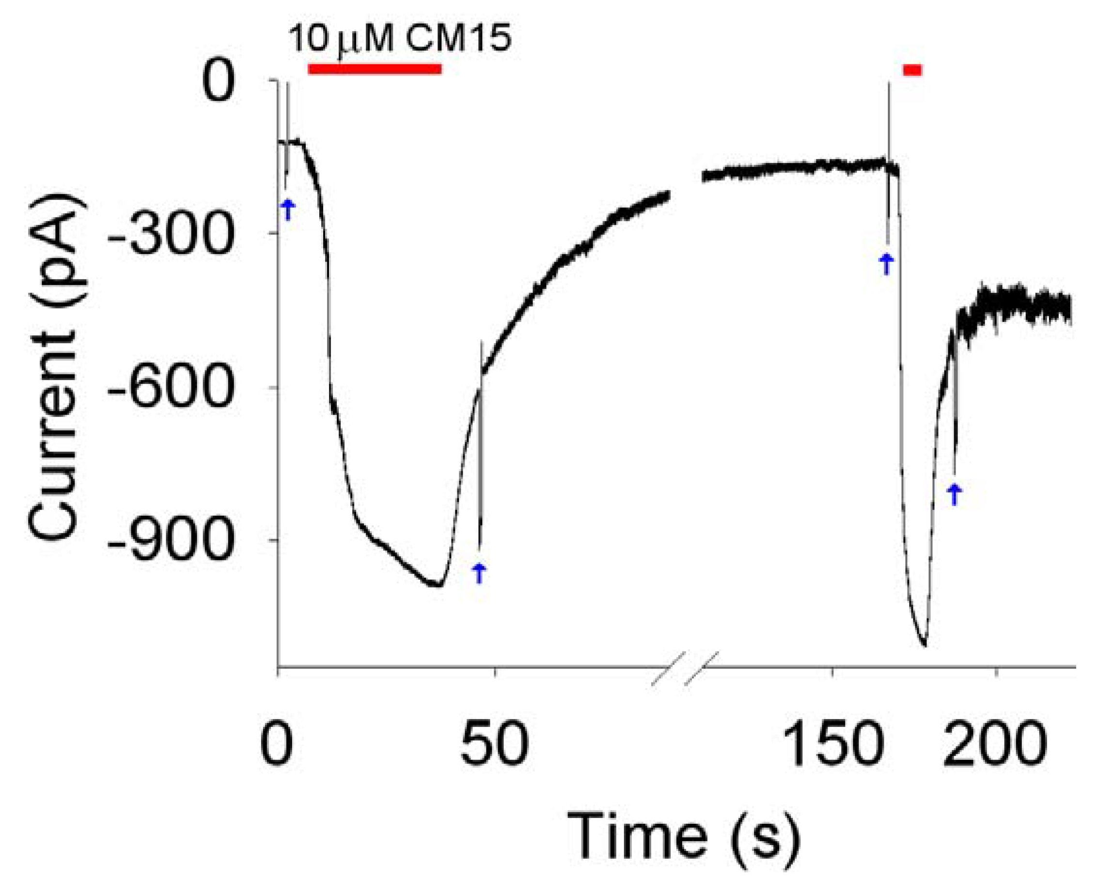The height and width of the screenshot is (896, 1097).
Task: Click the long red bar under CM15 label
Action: (374, 69)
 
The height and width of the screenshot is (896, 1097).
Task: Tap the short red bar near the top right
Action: (912, 70)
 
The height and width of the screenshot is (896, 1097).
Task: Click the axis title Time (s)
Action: (684, 836)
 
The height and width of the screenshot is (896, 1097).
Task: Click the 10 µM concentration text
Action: (341, 39)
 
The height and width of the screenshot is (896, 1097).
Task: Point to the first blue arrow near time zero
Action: (287, 210)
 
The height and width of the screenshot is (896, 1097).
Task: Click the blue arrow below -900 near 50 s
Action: (479, 572)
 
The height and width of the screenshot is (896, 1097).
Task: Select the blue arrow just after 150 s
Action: (886, 264)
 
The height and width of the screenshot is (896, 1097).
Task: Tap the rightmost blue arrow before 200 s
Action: (954, 494)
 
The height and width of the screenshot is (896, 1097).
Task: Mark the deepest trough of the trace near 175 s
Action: (924, 644)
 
